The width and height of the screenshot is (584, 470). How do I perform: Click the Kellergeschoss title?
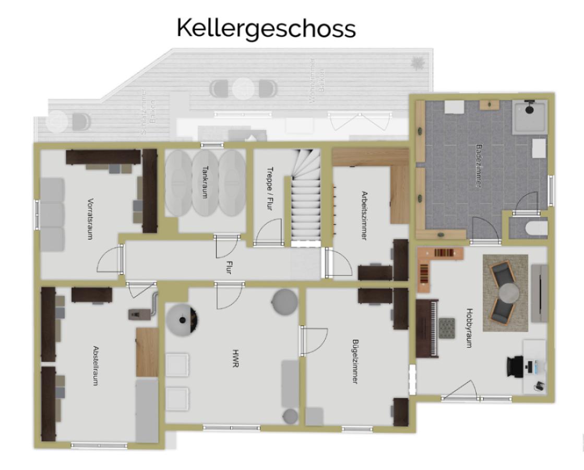pyautogui.click(x=266, y=28)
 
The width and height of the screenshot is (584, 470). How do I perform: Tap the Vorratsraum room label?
pyautogui.click(x=90, y=218)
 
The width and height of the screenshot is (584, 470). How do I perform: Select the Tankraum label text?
pyautogui.click(x=205, y=182)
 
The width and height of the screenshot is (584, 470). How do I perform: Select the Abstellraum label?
pyautogui.click(x=96, y=366)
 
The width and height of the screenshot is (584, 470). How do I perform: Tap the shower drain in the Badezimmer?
pyautogui.click(x=529, y=110)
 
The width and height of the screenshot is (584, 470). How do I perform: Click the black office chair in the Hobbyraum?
pyautogui.click(x=515, y=366)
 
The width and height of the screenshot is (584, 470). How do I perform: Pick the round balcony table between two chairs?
pyautogui.click(x=243, y=88)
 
